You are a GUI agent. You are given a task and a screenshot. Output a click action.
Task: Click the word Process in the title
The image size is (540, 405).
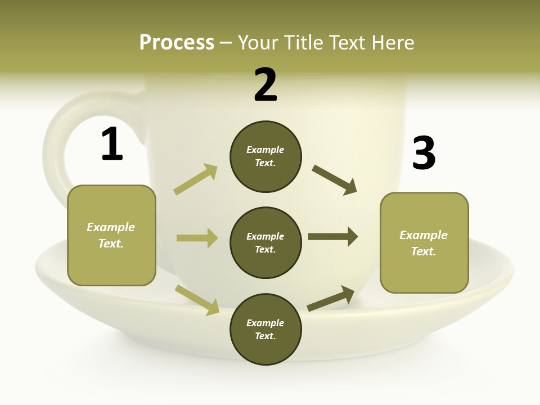pos(177,42)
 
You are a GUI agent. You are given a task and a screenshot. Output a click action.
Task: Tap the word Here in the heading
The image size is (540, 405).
pos(393,42)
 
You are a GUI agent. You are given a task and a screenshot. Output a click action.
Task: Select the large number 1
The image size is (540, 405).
pos(111,145)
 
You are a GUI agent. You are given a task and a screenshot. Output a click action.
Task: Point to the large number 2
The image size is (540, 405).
pos(265,85)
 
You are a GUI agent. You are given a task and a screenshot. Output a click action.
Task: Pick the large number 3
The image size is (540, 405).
pos(424,153)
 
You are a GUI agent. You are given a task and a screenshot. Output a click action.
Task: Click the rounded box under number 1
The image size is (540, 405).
pos(111,235)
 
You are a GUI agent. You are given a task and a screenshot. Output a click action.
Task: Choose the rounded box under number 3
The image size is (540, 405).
pos(424,243)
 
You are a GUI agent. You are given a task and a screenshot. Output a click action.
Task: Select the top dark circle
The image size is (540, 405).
pos(265,156)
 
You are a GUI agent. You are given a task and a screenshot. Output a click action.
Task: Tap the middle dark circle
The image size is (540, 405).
pos(265,242)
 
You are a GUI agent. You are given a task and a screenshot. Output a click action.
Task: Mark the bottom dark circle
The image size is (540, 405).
pos(265,329)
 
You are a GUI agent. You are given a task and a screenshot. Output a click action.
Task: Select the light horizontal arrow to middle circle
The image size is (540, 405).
pos(197,238)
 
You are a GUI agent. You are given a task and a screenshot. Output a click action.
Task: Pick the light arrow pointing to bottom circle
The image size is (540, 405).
pos(197,300)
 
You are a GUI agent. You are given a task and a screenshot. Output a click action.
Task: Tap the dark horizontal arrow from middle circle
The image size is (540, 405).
pos(333,237)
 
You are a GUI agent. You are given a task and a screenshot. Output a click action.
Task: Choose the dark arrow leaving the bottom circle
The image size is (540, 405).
pos(331,298)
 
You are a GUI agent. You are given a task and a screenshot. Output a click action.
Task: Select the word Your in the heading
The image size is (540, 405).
pos(258,42)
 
